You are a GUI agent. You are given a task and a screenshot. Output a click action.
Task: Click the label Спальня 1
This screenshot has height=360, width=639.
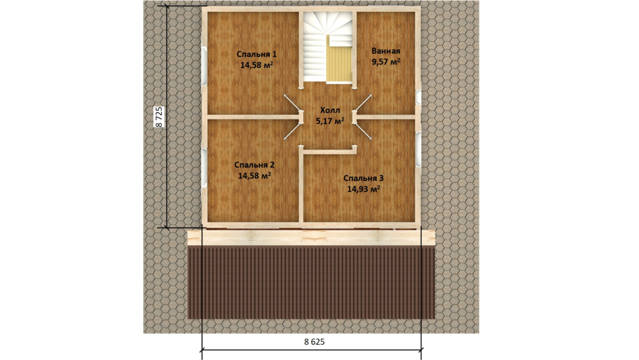[x=256, y=54]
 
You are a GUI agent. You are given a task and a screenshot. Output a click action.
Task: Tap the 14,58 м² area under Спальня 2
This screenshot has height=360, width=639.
[x=254, y=176]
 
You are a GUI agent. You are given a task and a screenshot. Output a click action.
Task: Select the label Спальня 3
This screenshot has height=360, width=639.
[x=363, y=178]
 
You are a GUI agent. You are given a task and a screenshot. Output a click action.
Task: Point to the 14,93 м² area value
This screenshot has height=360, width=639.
[x=364, y=189]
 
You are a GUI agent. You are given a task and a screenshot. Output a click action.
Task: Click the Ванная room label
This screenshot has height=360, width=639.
[x=386, y=51]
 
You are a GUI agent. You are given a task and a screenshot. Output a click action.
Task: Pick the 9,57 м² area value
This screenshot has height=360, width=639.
[x=386, y=62]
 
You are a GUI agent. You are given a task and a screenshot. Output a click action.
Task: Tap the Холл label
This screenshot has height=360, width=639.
[x=330, y=110]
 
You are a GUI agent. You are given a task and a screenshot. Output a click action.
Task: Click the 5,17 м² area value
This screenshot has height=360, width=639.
[x=330, y=121]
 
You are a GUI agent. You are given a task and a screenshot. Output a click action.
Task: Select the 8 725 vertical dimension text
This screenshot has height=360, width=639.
[x=159, y=117]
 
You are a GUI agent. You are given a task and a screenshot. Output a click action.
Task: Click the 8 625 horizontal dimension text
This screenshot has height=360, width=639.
[x=315, y=342]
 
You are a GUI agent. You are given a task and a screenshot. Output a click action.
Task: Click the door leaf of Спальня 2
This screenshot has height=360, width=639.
[x=292, y=130]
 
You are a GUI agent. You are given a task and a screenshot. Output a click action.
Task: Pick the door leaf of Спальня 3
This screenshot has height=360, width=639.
[x=363, y=130]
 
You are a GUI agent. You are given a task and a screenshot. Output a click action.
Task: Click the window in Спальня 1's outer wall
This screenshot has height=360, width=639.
[x=204, y=66]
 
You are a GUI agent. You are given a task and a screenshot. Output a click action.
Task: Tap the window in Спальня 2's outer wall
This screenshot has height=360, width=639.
[x=204, y=167]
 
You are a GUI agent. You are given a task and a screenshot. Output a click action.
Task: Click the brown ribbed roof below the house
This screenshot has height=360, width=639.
[x=311, y=282]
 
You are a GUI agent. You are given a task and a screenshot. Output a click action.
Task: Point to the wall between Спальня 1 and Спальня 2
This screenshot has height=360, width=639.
[x=253, y=117]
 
